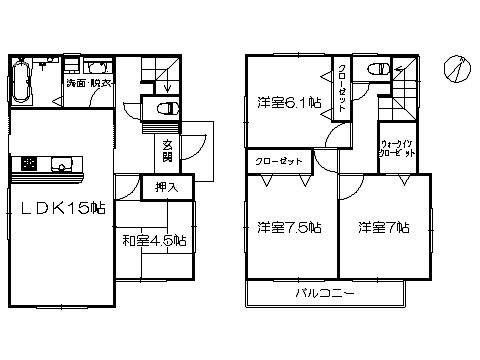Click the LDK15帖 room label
click(58, 208)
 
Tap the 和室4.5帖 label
click(155, 240)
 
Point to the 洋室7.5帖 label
click(286, 228)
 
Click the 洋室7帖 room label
click(385, 228)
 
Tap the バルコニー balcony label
click(325, 293)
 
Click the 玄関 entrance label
click(167, 152)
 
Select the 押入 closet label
click(167, 186)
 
